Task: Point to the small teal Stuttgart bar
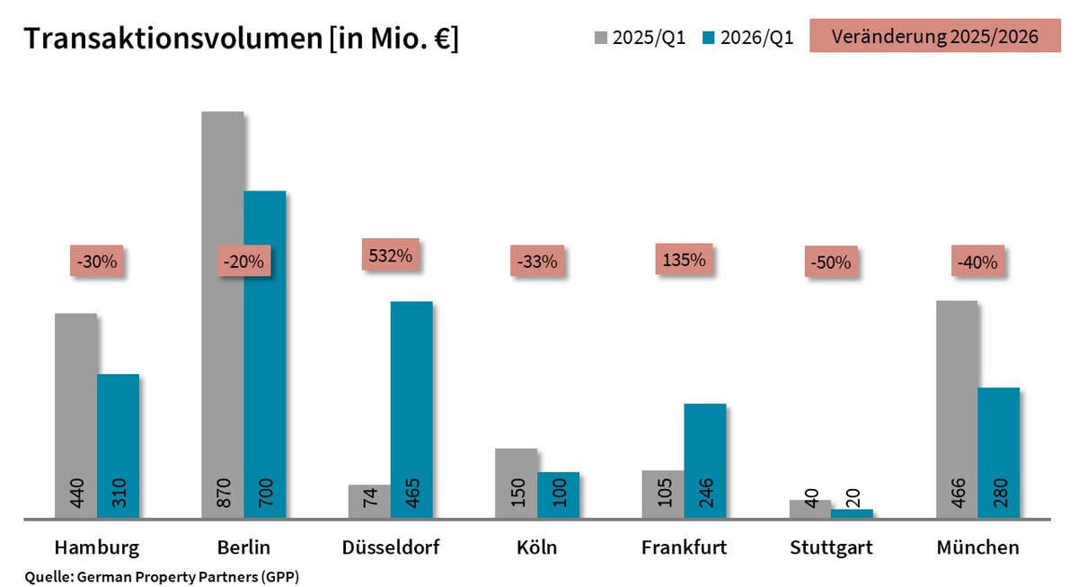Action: coord(852,513)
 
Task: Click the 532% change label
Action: coord(391,255)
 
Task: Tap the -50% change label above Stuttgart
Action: coord(830,263)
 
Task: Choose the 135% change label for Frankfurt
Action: coord(684,260)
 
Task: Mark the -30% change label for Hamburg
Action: coord(96,262)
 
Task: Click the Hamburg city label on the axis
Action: coord(96,547)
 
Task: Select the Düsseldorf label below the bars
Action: coord(391,547)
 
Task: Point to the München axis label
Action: coord(977,547)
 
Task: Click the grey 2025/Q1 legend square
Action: coord(601,39)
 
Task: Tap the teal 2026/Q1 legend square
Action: coord(709,39)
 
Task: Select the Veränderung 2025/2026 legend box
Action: coord(935,37)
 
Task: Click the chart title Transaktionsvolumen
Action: coord(241,39)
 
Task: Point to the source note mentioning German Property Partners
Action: coord(162,576)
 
